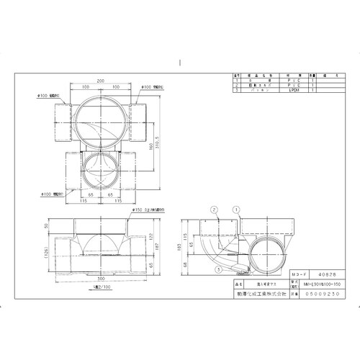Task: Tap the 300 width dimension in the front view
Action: coord(101,277)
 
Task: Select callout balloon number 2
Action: coord(214,210)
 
